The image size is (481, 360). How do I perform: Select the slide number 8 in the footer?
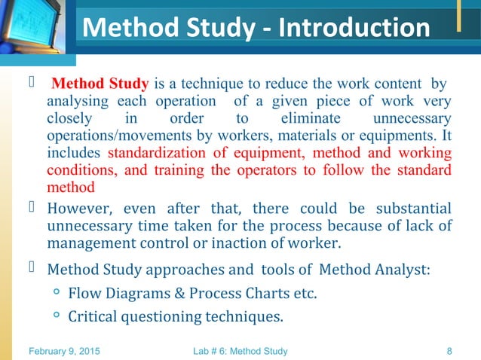(449, 350)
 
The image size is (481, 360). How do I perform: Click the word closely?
(72, 118)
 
